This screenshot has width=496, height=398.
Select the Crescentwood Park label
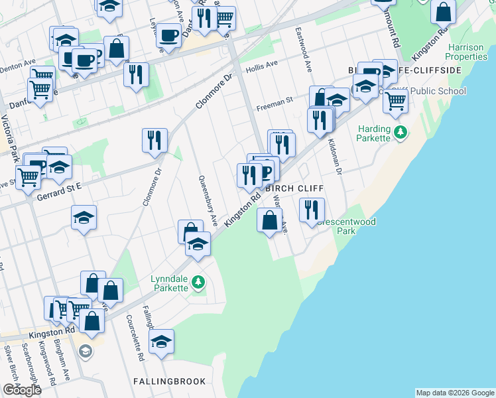point(336,227)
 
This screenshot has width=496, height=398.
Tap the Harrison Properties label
point(467,52)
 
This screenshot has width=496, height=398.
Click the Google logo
point(21,390)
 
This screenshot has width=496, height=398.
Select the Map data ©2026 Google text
point(454,393)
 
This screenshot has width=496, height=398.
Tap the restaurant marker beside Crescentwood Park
point(312,210)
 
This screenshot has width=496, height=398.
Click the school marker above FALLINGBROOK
point(161,342)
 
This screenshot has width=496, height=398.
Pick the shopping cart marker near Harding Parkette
point(395,101)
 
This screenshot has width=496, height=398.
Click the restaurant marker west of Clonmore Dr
point(155,141)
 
